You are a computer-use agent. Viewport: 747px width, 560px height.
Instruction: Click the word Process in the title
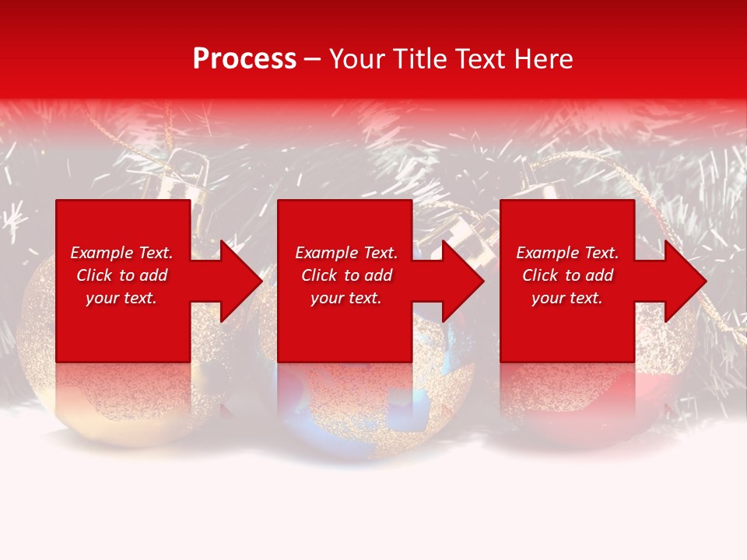click(x=244, y=59)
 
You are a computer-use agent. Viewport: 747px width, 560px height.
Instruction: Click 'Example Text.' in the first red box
click(x=121, y=253)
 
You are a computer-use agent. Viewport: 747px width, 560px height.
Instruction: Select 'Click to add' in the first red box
click(x=121, y=275)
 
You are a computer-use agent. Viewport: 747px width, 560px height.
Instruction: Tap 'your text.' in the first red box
click(x=121, y=298)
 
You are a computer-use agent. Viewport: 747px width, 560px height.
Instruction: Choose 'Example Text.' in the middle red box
click(x=346, y=253)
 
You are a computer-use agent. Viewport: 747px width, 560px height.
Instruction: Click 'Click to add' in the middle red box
click(x=346, y=275)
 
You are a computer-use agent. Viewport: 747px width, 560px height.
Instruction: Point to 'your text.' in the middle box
click(x=346, y=298)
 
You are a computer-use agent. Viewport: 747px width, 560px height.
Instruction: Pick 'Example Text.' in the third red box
click(x=567, y=253)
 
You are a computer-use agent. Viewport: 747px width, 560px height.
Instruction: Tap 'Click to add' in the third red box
click(x=567, y=275)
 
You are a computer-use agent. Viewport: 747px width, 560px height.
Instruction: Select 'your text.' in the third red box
click(x=567, y=298)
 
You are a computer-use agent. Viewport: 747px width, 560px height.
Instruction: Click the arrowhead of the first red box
click(x=237, y=281)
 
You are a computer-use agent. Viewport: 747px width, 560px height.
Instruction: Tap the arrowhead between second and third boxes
click(x=460, y=281)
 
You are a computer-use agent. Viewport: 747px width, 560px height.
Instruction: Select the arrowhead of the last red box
click(x=682, y=281)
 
